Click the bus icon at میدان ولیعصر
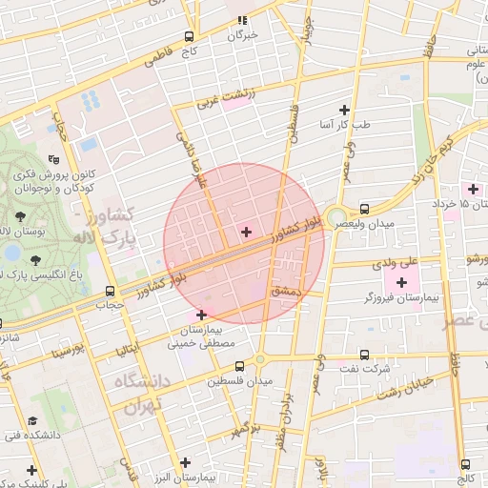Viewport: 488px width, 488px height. tap(364, 209)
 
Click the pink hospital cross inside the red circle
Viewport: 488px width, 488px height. tap(246, 232)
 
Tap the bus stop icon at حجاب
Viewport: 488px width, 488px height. tap(111, 292)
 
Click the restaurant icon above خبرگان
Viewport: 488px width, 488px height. tap(242, 19)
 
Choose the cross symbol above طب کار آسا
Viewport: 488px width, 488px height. tap(344, 111)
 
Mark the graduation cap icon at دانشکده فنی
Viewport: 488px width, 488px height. tap(31, 420)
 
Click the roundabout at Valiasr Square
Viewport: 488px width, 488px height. tap(335, 218)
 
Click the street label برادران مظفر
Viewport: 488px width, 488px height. tap(288, 412)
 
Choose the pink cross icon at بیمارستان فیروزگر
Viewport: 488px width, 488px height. tap(401, 282)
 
